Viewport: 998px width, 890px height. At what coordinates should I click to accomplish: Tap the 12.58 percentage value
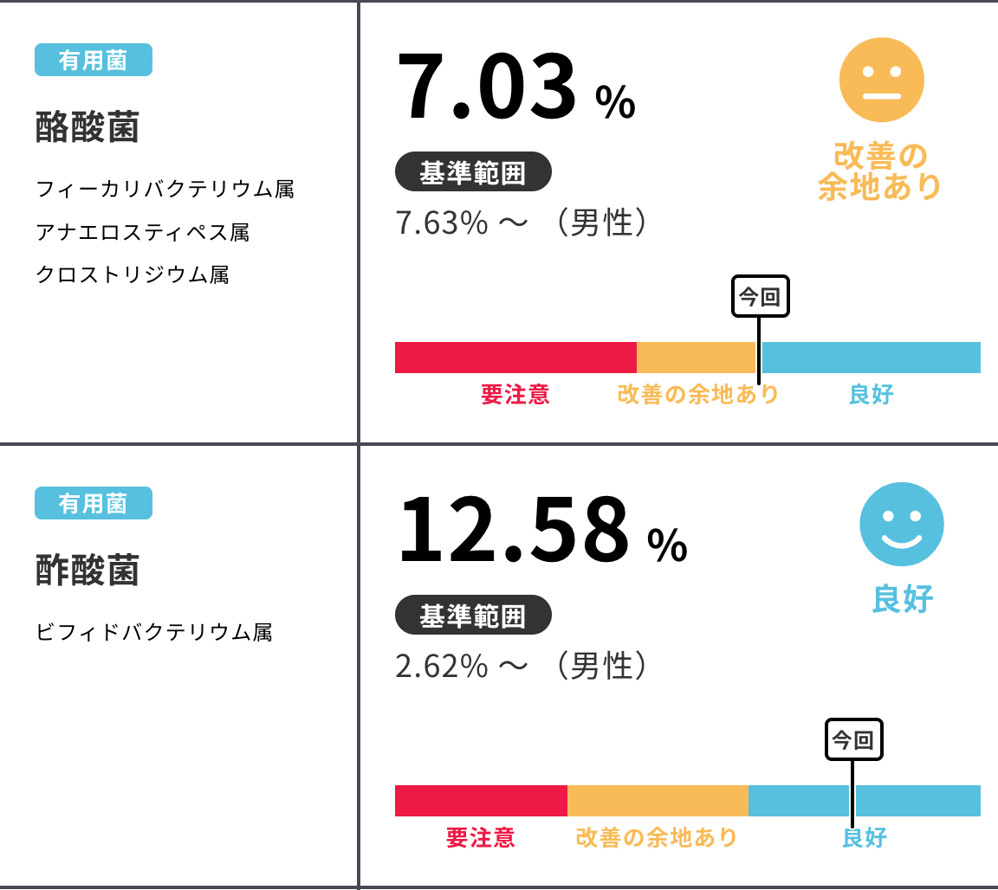point(513,531)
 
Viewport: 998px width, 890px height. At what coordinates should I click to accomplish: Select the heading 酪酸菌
point(87,128)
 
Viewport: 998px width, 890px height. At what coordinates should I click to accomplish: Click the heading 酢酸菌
point(87,571)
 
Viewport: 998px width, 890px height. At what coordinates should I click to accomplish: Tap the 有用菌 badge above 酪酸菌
point(94,60)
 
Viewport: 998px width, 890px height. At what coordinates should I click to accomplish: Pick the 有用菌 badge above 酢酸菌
point(94,503)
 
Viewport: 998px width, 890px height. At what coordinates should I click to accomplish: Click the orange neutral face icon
point(881,80)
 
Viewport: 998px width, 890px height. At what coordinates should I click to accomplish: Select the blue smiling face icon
point(901,524)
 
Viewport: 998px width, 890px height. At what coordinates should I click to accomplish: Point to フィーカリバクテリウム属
point(165,189)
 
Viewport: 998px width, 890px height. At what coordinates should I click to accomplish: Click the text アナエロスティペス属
point(143,232)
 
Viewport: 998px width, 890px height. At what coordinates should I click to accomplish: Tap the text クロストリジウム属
point(133,275)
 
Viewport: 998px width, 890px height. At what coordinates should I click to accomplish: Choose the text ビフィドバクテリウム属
point(154,633)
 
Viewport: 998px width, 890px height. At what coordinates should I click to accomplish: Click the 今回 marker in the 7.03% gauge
point(761,298)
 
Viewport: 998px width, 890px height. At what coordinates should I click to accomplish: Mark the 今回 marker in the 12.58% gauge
point(853,740)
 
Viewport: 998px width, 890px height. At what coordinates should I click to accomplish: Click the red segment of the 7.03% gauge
point(515,358)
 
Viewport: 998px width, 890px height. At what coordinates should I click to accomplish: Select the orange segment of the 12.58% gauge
point(658,801)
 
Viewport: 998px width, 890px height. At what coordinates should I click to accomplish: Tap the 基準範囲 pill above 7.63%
point(473,171)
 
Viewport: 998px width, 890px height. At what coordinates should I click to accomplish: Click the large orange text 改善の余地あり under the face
point(880,171)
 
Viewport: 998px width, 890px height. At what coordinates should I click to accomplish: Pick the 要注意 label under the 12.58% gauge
point(481,837)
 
